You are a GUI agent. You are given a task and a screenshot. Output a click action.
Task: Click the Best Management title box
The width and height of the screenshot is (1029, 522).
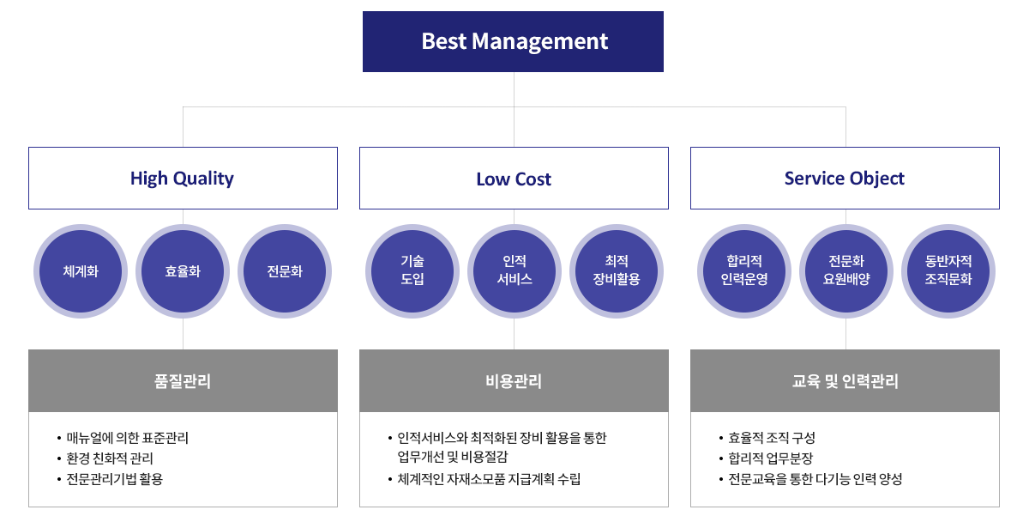click(513, 41)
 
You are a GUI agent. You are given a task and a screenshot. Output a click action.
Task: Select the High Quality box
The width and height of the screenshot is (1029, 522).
click(183, 178)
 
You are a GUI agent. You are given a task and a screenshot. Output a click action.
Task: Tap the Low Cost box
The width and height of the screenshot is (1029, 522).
click(514, 178)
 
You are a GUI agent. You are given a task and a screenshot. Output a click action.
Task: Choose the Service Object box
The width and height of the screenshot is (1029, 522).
click(845, 178)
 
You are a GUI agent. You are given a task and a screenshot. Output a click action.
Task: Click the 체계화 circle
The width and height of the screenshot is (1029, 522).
click(81, 271)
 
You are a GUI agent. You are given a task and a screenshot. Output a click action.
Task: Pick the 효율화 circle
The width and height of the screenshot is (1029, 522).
click(183, 271)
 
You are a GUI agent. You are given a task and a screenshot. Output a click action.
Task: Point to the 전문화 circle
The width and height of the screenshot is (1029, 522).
click(285, 271)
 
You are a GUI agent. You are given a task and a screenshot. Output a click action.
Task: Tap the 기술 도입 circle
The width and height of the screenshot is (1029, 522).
click(412, 271)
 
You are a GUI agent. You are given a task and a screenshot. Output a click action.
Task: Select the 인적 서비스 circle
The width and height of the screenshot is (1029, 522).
click(514, 271)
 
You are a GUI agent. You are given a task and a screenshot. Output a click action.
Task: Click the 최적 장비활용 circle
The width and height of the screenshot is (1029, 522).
click(617, 271)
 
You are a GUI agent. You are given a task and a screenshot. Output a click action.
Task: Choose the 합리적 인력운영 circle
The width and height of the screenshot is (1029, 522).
click(744, 271)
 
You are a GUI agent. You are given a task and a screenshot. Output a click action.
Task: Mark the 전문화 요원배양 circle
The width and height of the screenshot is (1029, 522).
click(846, 271)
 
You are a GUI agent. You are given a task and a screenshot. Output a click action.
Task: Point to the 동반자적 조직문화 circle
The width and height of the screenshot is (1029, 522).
click(948, 271)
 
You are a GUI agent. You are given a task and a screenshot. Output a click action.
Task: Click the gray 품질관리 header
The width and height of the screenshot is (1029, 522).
click(183, 381)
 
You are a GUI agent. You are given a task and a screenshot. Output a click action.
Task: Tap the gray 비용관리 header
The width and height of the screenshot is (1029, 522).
click(514, 381)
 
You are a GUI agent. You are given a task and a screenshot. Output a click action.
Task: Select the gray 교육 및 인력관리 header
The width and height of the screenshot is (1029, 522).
click(845, 381)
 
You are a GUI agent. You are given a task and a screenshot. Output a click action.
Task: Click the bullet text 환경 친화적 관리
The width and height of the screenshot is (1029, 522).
click(110, 458)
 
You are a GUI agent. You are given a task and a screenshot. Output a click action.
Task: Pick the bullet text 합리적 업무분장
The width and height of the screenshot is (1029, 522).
click(771, 458)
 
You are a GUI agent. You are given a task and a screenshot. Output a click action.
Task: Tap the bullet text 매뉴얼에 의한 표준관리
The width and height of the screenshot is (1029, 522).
click(127, 438)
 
